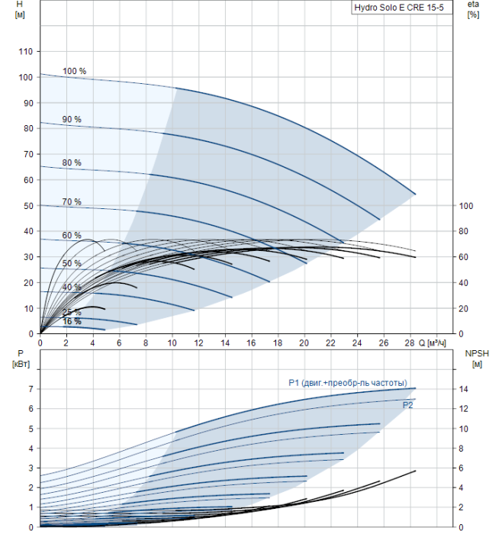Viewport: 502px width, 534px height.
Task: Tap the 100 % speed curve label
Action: tap(74, 72)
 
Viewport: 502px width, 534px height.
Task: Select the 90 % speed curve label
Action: tap(72, 120)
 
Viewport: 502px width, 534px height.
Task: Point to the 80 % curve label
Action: tap(72, 163)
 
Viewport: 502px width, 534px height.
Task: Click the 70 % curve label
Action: tap(72, 202)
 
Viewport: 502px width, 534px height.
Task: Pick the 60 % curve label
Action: tap(72, 236)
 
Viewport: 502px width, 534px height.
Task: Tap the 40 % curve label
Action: tap(72, 288)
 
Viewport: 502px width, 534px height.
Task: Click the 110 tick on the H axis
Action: tap(26, 52)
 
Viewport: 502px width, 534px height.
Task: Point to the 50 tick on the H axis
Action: tap(28, 206)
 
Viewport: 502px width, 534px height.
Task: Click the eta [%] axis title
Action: tap(473, 9)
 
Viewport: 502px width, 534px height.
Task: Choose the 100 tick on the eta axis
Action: tap(468, 206)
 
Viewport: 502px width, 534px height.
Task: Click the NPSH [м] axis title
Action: tap(475, 359)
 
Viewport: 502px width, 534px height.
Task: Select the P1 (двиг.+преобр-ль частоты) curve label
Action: tap(347, 383)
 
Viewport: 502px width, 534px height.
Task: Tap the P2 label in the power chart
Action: tap(408, 406)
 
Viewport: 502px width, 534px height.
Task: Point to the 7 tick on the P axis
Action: tap(31, 389)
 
